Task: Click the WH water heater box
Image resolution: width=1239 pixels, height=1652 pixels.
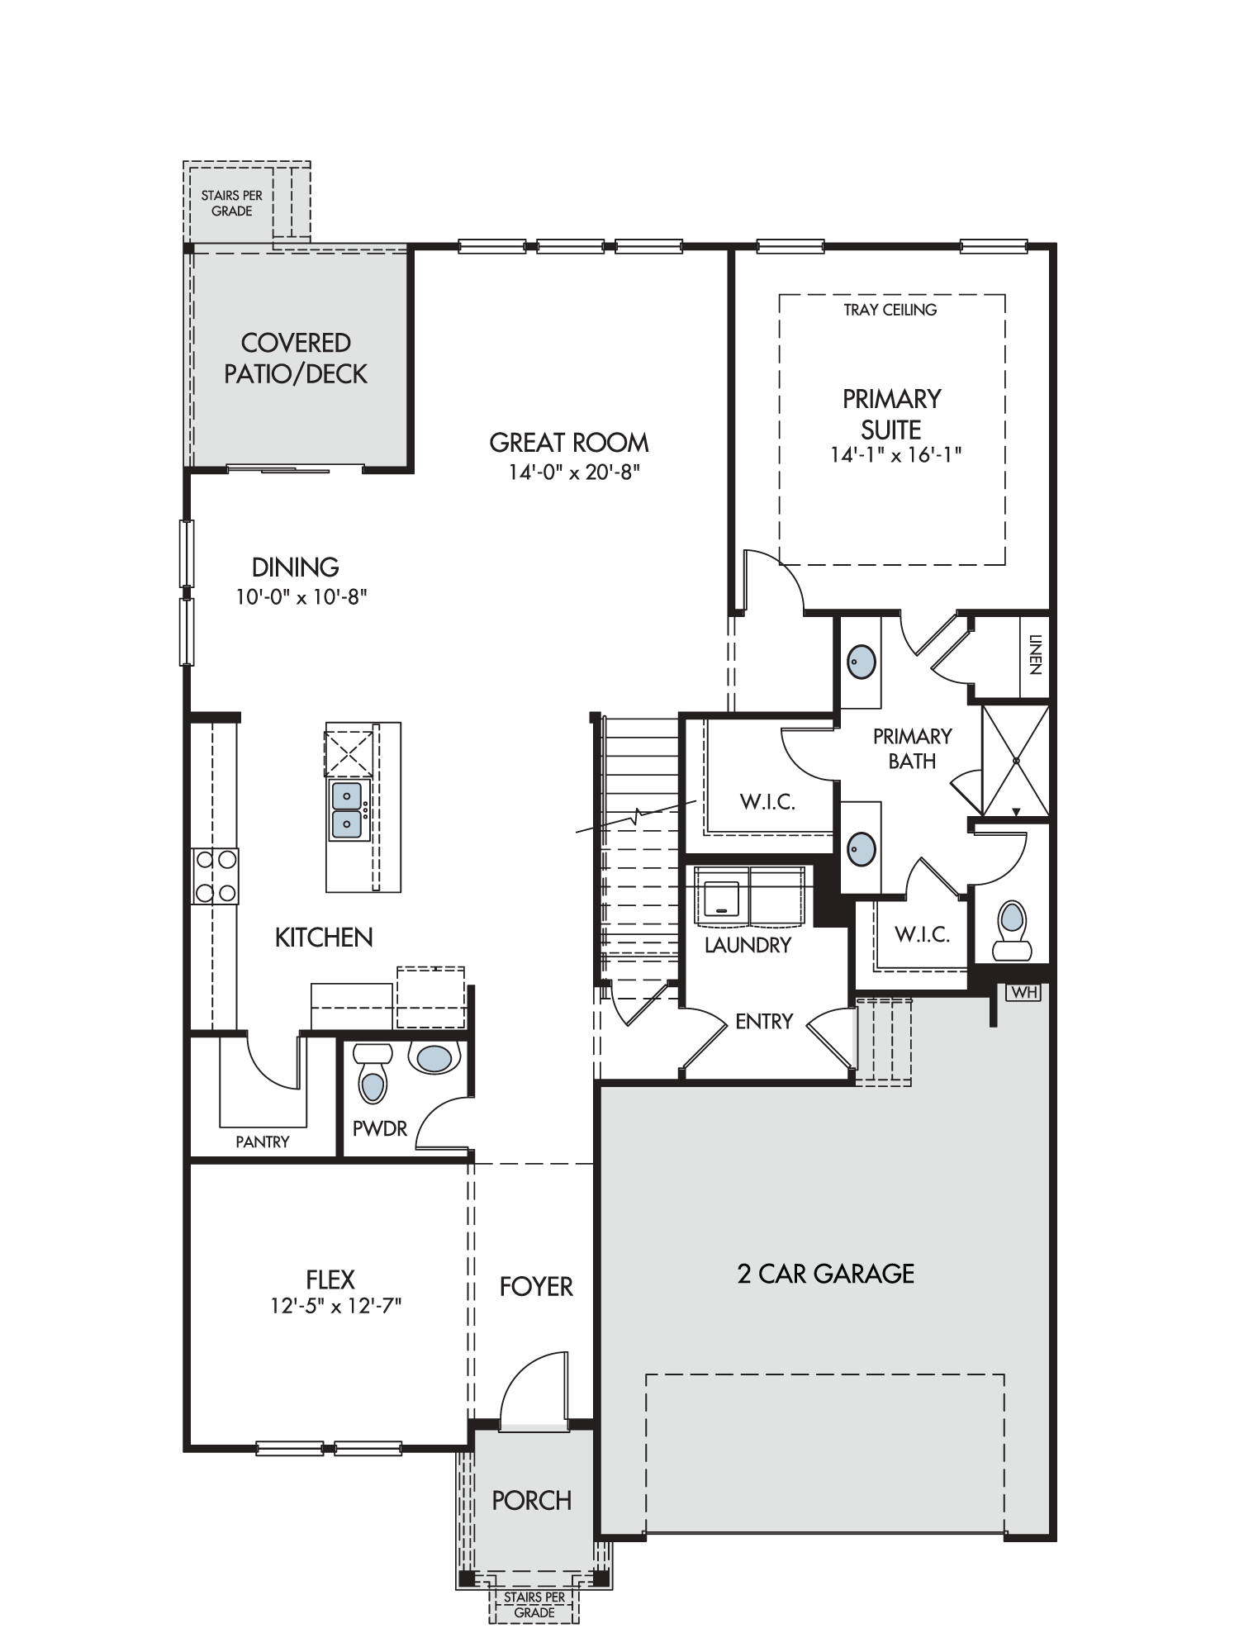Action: (x=1023, y=992)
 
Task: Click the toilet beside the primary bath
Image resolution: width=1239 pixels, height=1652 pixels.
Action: (x=1012, y=930)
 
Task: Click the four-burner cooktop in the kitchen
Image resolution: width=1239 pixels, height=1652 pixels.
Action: (x=215, y=876)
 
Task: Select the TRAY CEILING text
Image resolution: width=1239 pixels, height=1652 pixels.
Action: (x=890, y=310)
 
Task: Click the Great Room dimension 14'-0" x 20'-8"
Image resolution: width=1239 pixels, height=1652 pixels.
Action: (x=575, y=473)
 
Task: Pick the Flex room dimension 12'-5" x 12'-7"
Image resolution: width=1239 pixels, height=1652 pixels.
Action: (x=335, y=1306)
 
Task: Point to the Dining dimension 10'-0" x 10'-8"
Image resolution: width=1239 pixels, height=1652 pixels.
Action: (x=301, y=596)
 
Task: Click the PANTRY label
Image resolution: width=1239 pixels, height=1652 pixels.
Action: (x=263, y=1142)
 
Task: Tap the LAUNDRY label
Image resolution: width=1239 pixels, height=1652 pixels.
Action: (x=748, y=945)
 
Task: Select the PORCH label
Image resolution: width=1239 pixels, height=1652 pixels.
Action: (x=532, y=1499)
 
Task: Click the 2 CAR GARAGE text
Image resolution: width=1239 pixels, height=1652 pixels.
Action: (x=826, y=1274)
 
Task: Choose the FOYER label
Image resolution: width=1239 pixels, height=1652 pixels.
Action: (x=536, y=1286)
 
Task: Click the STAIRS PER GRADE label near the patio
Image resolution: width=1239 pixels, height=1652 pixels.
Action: (x=232, y=203)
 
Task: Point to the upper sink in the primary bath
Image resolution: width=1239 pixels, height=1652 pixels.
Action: (x=862, y=662)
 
